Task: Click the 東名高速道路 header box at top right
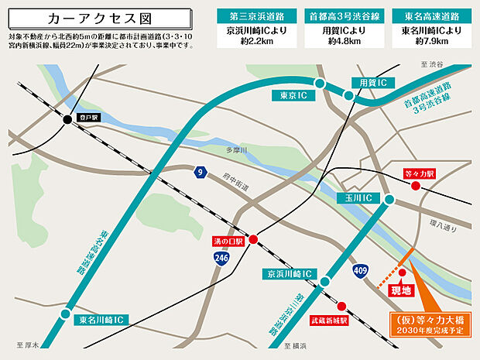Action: point(430,14)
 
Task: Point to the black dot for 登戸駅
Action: point(67,119)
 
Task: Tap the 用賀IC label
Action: point(372,83)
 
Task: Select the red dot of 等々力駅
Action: point(416,186)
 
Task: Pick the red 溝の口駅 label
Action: point(228,242)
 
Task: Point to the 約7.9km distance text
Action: point(430,42)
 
